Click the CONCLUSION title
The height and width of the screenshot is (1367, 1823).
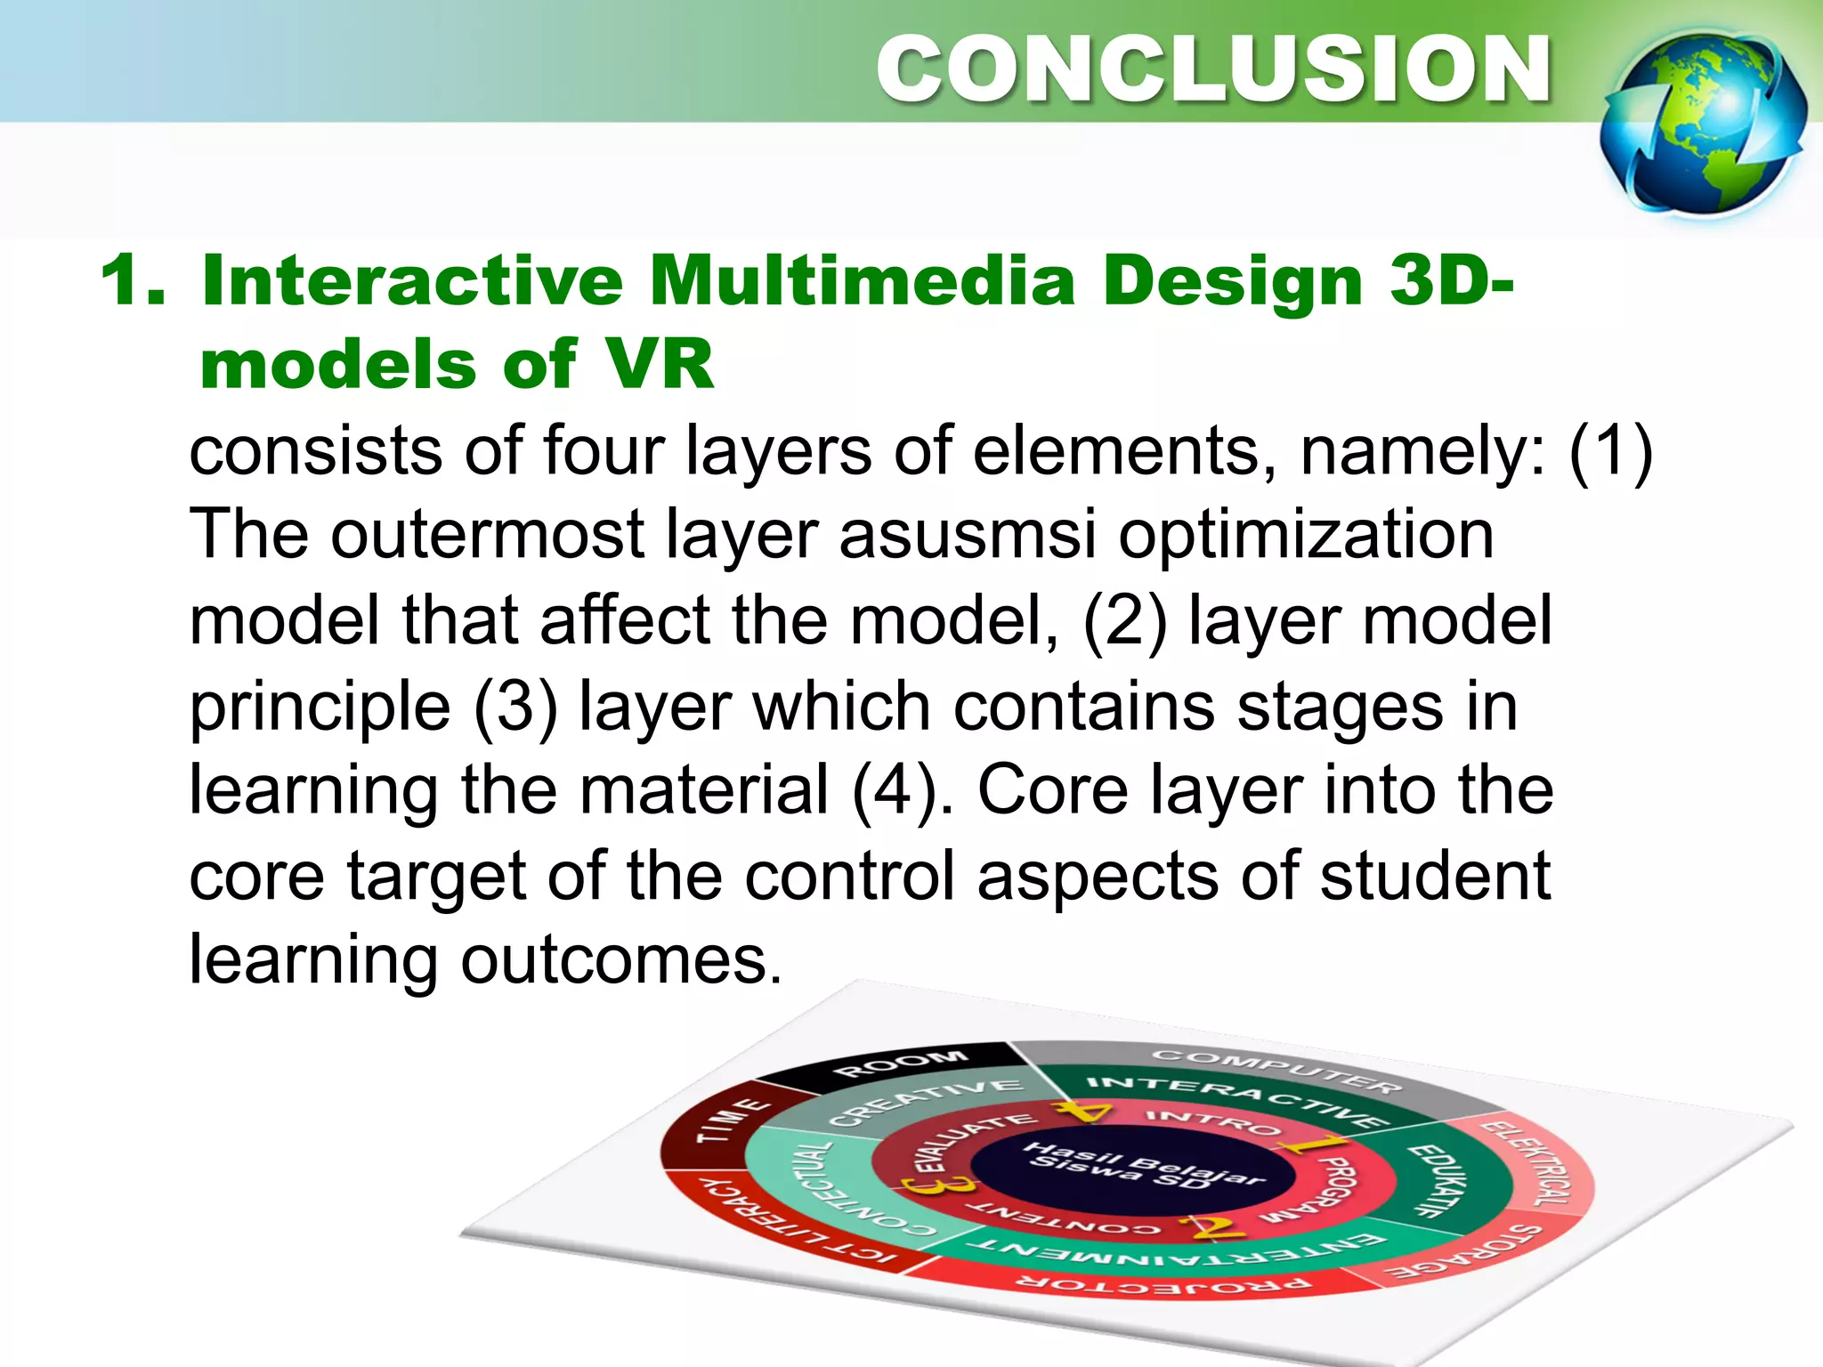1213,69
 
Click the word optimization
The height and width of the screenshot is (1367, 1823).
1305,535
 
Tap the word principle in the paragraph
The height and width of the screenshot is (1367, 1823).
320,707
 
